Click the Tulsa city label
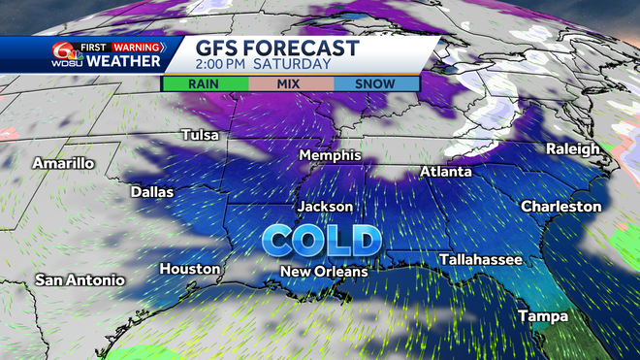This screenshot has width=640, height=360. pyautogui.click(x=201, y=135)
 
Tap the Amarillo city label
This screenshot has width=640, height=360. pyautogui.click(x=63, y=163)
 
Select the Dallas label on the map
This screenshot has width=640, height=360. pyautogui.click(x=152, y=192)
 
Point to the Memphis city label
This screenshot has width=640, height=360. pyautogui.click(x=330, y=155)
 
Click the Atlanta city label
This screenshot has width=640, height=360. pyautogui.click(x=445, y=172)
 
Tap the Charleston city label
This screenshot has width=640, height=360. pyautogui.click(x=560, y=207)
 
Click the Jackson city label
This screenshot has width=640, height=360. pyautogui.click(x=325, y=207)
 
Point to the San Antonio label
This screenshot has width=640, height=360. pyautogui.click(x=80, y=280)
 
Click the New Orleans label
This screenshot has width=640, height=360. pyautogui.click(x=324, y=272)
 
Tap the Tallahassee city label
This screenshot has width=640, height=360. pyautogui.click(x=480, y=260)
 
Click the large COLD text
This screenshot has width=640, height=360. pyautogui.click(x=322, y=240)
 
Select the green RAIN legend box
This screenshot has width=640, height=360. pyautogui.click(x=204, y=84)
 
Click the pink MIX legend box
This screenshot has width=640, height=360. pyautogui.click(x=290, y=84)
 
